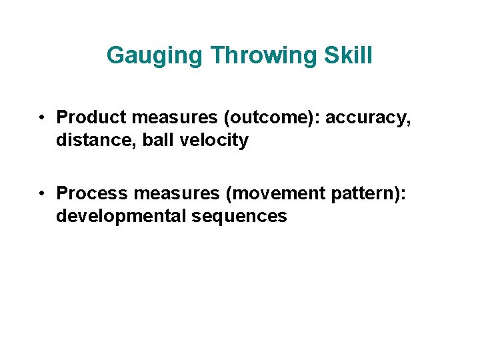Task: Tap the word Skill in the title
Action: click(348, 55)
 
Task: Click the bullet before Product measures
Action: click(41, 118)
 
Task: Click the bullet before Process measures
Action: click(41, 193)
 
